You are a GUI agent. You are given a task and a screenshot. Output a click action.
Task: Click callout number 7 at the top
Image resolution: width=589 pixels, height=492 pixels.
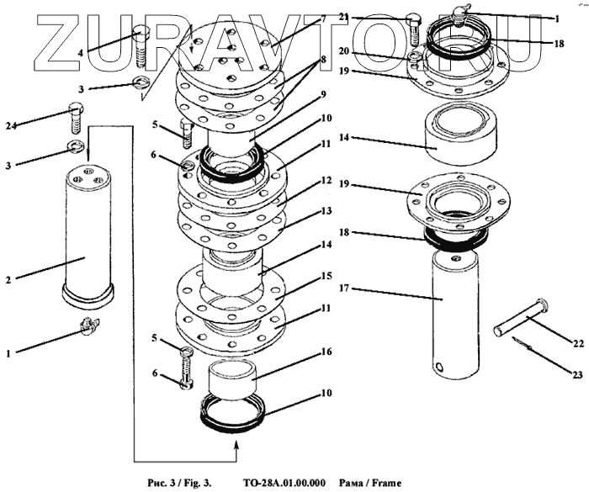coord(298,19)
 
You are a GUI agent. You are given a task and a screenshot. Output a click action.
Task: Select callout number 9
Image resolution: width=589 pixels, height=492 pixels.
coord(298,96)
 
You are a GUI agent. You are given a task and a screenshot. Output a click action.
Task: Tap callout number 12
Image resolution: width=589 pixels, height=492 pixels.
coord(301,181)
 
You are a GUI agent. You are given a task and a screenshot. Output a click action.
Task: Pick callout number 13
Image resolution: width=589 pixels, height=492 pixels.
coord(301,210)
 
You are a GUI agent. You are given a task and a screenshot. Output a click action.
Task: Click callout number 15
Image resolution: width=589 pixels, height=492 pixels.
coord(301,277)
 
